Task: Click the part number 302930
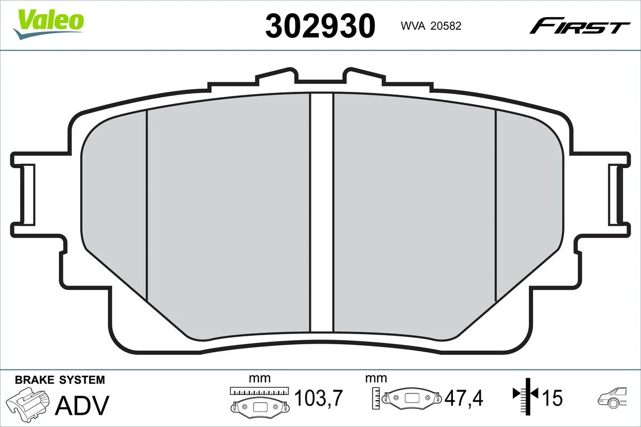point(320,26)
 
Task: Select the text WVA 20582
point(427,26)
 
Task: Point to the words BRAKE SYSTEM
point(60,380)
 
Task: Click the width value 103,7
point(318,398)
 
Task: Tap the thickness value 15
point(553,398)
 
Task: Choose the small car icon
point(614,397)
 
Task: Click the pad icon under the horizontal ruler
point(260,407)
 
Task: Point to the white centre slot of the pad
point(322,213)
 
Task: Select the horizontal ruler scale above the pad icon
point(260,390)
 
